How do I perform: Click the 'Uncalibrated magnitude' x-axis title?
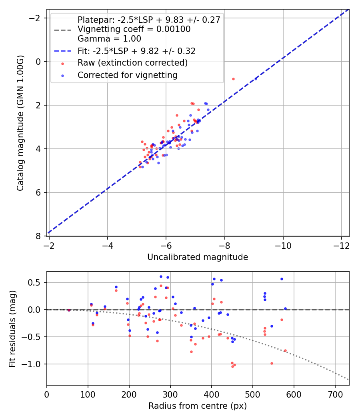click(x=198, y=257)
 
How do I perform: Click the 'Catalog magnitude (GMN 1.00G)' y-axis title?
click(x=20, y=123)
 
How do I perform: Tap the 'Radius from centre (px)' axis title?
click(x=198, y=406)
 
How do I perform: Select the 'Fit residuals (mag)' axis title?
click(x=12, y=328)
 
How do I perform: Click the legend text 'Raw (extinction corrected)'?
click(x=132, y=63)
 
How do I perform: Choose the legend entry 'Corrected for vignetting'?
click(x=128, y=75)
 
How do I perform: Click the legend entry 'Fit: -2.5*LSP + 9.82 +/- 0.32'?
click(x=136, y=51)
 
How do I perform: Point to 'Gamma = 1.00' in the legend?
click(x=109, y=39)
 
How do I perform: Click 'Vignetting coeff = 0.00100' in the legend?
click(x=134, y=29)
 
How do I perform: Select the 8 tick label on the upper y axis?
click(x=38, y=236)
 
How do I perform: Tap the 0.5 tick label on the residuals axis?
click(x=37, y=282)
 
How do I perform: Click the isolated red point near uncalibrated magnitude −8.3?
click(x=233, y=79)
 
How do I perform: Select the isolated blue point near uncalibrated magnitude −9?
click(x=256, y=79)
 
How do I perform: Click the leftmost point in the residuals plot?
click(x=69, y=310)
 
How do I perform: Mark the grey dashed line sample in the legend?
click(x=62, y=30)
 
